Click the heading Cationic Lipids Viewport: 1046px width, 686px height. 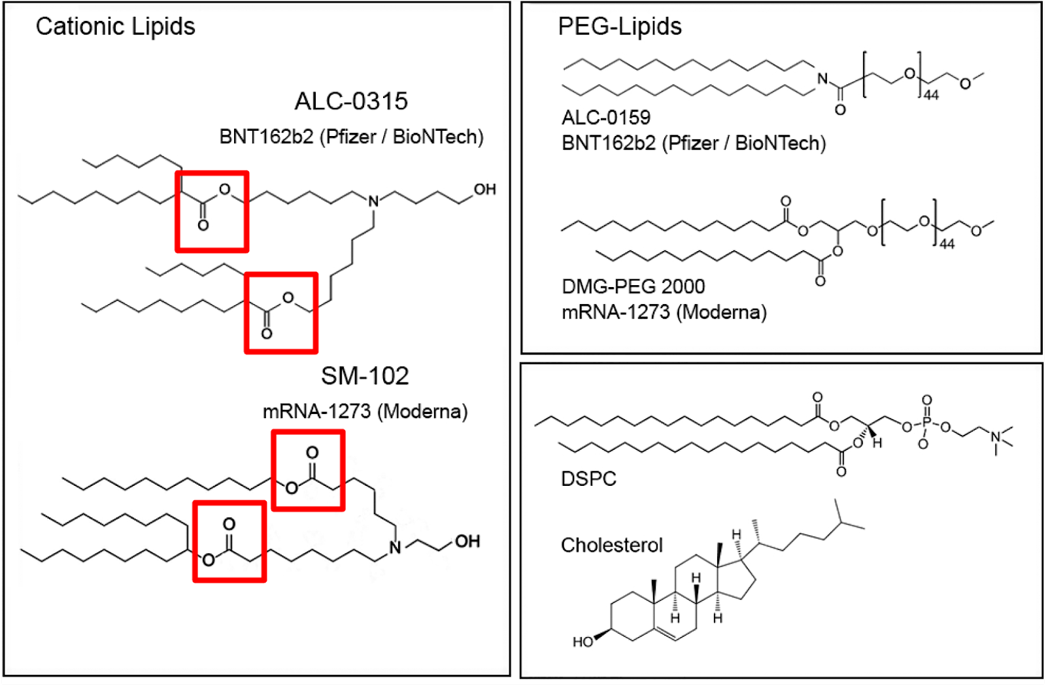click(115, 27)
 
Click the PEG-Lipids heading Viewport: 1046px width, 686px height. click(619, 27)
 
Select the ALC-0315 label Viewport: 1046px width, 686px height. click(351, 101)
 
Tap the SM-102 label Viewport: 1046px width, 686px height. click(365, 376)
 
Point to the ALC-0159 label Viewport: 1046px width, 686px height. click(606, 118)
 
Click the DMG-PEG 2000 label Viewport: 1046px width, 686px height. click(633, 286)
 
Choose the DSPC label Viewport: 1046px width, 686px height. click(588, 479)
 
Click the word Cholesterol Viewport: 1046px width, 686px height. click(611, 545)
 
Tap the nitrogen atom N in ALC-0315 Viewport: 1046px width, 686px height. click(373, 201)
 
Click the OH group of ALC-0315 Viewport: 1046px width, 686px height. click(484, 190)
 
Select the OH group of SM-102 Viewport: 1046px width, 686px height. click(467, 541)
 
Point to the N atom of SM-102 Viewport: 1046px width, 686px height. click(395, 548)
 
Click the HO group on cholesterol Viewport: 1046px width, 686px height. click(582, 642)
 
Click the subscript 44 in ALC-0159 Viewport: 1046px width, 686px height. click(931, 95)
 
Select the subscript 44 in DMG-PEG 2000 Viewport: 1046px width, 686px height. click(947, 245)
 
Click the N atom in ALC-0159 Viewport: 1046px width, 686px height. click(822, 79)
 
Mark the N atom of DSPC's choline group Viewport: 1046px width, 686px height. click(996, 437)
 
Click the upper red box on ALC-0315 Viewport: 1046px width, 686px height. click(212, 211)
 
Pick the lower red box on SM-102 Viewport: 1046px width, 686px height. click(229, 541)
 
